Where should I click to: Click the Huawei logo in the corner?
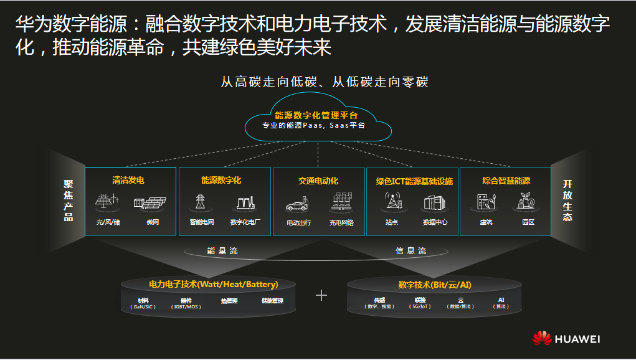[566, 339]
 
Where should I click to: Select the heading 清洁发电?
[128, 181]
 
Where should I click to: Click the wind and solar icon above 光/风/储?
[107, 202]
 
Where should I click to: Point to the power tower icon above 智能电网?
[201, 202]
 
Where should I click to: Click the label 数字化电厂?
[245, 222]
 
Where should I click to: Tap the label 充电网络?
[341, 222]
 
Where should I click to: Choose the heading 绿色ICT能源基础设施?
[414, 181]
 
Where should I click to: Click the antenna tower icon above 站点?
[392, 201]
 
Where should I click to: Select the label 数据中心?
[435, 222]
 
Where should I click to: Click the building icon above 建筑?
[486, 201]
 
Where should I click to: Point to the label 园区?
[528, 222]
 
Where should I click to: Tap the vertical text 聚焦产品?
[69, 201]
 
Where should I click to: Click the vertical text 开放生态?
[567, 201]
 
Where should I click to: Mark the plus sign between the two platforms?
[321, 295]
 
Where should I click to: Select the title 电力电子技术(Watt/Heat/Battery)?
[213, 285]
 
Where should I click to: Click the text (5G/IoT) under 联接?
[420, 306]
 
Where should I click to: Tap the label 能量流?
[222, 251]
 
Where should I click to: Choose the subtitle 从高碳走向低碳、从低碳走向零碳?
[325, 82]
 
